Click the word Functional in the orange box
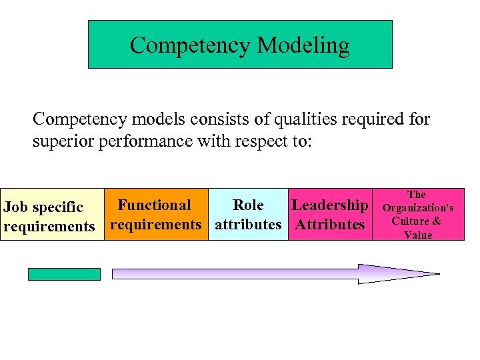click(x=154, y=205)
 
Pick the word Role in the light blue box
click(x=247, y=205)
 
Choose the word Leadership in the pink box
click(x=329, y=205)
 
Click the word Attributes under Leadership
click(x=329, y=225)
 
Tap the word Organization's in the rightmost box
click(x=417, y=208)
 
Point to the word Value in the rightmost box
click(x=417, y=235)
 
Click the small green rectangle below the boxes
click(x=64, y=274)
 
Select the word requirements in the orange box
click(x=155, y=225)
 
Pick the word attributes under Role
click(x=247, y=225)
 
